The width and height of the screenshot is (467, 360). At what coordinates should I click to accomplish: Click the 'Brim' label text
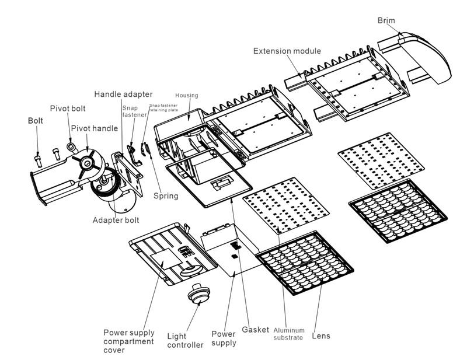(x=386, y=21)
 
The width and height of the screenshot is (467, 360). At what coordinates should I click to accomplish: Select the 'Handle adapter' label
(x=123, y=94)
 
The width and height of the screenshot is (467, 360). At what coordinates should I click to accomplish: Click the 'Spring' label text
(x=166, y=195)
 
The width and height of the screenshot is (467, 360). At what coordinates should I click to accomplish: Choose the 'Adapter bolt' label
(x=116, y=221)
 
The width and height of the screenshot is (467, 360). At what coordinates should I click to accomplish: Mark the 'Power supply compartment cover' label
(x=128, y=341)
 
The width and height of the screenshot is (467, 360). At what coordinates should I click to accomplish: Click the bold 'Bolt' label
(x=37, y=121)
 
